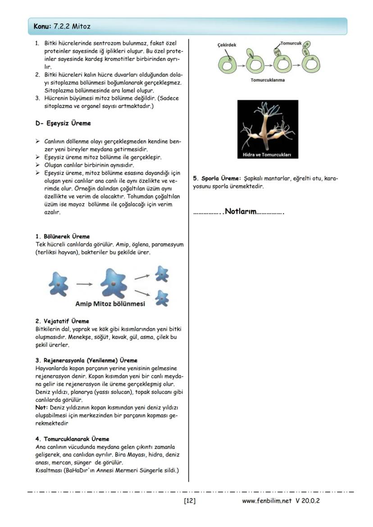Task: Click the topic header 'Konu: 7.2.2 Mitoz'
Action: pos(62,27)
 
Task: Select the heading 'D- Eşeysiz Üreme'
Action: pos(63,123)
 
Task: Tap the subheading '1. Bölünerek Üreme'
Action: pos(63,236)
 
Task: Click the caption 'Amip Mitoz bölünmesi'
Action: pos(110,304)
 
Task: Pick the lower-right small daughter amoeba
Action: pos(161,297)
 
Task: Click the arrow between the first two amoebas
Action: pos(84,284)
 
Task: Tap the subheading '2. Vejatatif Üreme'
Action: pos(62,321)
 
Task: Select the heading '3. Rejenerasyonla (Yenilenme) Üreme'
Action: pos(86,360)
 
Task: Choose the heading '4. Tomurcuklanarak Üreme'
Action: pos(72,439)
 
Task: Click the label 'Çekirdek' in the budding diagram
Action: pos(227,45)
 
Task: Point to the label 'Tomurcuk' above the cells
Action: pos(291,43)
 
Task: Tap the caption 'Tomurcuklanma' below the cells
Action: pos(267,80)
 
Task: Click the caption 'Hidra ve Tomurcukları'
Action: pos(268,155)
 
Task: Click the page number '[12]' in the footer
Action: pos(190,500)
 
